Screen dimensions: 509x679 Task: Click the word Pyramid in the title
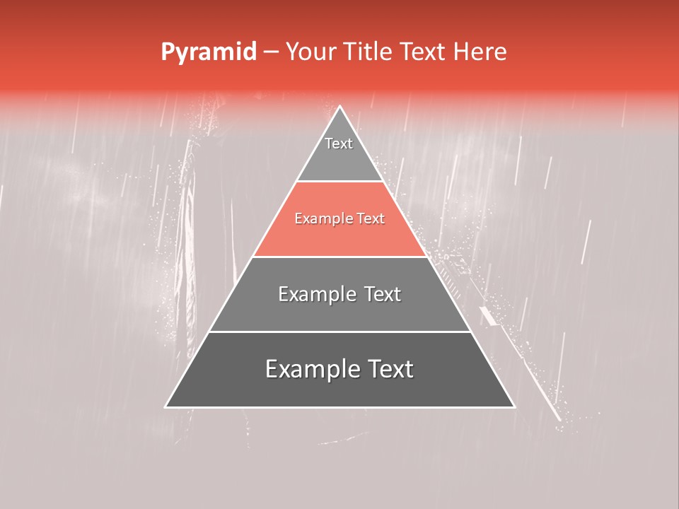pyautogui.click(x=208, y=52)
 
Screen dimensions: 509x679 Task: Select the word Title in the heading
pyautogui.click(x=372, y=52)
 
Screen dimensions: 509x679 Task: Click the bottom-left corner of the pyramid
pyautogui.click(x=167, y=406)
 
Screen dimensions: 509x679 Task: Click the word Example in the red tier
pyautogui.click(x=319, y=219)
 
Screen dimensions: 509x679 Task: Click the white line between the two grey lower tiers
pyautogui.click(x=339, y=332)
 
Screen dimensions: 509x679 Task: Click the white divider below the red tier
pyautogui.click(x=339, y=257)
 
